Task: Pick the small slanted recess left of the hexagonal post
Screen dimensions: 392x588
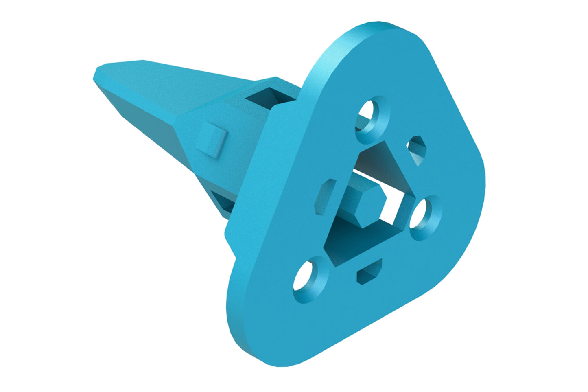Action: point(326,196)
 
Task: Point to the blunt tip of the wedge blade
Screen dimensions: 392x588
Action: point(98,75)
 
